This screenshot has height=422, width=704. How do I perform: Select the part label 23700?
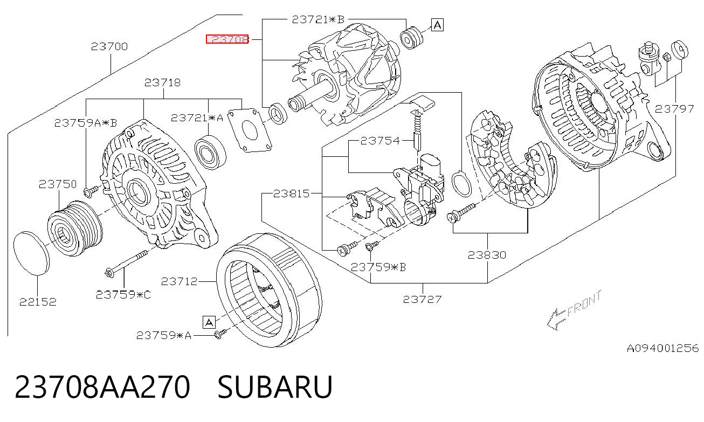pos(109,46)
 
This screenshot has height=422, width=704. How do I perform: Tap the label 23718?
pos(162,82)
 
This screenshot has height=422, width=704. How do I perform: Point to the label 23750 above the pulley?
pos(58,184)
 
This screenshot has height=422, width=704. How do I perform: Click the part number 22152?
pos(38,302)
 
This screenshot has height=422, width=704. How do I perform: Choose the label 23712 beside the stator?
pos(179,281)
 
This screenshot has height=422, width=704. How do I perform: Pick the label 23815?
pos(291,193)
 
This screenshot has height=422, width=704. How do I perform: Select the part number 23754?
pos(380,141)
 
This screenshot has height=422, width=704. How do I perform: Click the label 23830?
pos(487,255)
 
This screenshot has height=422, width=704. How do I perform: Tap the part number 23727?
pos(423,299)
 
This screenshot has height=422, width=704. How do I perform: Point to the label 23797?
pos(674,109)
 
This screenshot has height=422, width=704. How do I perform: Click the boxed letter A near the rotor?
pos(437,25)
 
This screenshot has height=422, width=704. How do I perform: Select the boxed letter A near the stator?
pos(209,322)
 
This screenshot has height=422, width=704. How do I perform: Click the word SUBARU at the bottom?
pos(275,387)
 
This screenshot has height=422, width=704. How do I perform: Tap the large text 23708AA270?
pos(102,387)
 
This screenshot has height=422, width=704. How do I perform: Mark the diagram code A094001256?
pos(663,349)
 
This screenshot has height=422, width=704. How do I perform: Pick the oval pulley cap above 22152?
pos(31,253)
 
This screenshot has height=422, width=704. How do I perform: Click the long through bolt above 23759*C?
pos(126,264)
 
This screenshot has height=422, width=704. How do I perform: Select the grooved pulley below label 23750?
pos(75,229)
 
